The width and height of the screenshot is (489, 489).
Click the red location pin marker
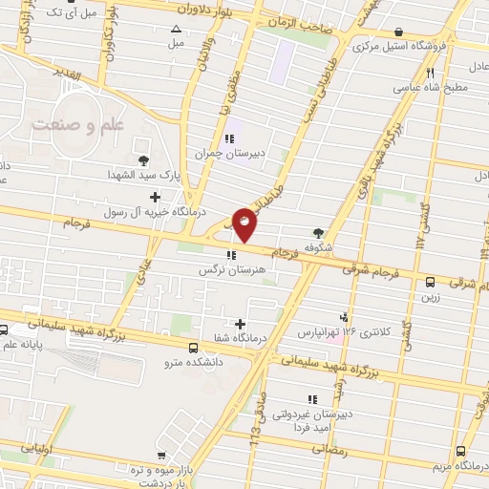click(x=245, y=223)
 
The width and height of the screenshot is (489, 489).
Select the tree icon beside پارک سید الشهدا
click(x=142, y=160)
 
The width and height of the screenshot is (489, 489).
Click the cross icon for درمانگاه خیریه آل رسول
click(x=155, y=197)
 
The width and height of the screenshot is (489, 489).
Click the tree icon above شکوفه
click(x=318, y=232)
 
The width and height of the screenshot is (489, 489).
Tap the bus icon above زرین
click(x=431, y=282)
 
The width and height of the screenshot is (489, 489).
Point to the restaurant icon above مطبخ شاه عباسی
click(x=431, y=74)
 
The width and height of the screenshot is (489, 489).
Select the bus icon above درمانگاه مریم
click(x=461, y=450)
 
